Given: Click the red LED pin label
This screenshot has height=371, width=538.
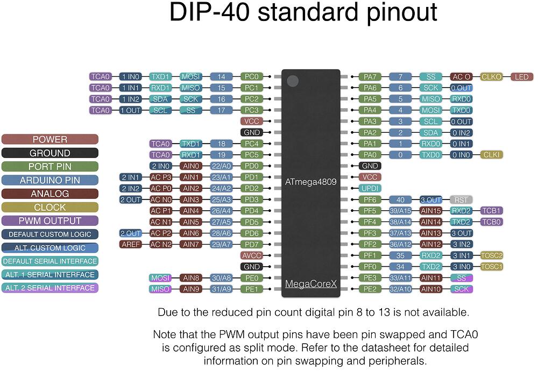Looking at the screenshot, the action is (522, 77).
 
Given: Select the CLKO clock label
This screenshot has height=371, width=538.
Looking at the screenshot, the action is (491, 77).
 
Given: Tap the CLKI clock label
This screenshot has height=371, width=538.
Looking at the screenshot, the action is (491, 155).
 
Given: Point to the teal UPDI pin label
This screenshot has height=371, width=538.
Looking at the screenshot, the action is (370, 188).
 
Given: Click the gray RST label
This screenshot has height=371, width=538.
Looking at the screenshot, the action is (461, 200).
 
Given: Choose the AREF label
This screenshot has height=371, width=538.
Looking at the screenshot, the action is (130, 245).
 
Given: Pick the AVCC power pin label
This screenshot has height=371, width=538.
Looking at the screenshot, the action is (251, 255).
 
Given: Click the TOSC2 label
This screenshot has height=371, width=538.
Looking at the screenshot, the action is (491, 255).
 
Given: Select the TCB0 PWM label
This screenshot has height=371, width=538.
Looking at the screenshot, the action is (491, 222).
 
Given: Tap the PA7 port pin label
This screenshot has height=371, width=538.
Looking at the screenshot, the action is (370, 77).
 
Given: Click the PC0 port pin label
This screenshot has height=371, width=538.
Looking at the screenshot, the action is (251, 77).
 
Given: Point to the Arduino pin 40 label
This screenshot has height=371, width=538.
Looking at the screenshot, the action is (400, 200).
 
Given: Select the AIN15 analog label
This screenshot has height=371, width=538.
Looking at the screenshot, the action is (430, 211).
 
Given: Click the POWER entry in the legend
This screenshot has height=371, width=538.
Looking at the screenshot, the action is (49, 140).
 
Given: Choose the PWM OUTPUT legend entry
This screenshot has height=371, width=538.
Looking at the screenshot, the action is (49, 221).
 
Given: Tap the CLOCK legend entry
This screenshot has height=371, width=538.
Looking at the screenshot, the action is (49, 208).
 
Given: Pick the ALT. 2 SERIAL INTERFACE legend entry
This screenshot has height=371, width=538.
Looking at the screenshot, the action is (49, 288).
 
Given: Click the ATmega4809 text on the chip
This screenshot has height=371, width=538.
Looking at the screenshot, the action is (310, 182).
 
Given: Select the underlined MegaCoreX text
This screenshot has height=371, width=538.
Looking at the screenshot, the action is (311, 284).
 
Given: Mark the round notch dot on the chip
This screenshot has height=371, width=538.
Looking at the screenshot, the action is (293, 81).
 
